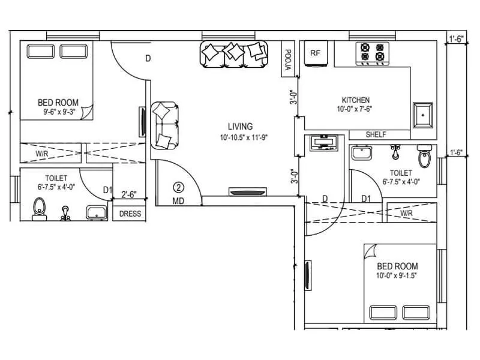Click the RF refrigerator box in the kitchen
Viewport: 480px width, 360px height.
pos(315,53)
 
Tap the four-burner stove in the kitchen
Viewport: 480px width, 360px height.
pos(371,53)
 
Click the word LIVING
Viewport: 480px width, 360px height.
pos(240,127)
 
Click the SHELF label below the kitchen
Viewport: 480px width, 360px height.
pos(376,135)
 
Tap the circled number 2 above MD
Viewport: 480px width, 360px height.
pos(178,187)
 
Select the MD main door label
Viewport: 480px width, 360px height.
pos(178,202)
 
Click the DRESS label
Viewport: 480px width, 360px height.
pos(130,214)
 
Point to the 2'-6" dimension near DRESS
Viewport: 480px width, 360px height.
pos(129,194)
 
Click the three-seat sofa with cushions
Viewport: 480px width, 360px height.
pos(234,54)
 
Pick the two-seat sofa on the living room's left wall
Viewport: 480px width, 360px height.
pos(164,125)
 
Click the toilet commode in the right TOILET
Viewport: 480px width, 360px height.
pos(424,158)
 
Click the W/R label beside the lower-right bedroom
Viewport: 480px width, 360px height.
pos(406,214)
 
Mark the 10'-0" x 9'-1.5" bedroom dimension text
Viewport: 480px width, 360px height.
pos(397,276)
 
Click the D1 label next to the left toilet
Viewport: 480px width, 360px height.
pos(107,190)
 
